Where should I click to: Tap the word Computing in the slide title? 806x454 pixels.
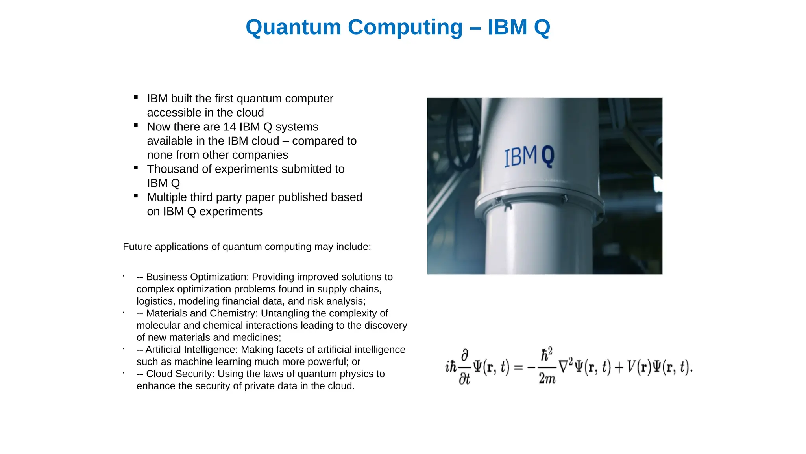pos(405,28)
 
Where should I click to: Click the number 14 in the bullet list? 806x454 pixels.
pos(229,127)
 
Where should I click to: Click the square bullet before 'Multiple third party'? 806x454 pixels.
pos(136,196)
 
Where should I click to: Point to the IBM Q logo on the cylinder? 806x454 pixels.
pos(529,156)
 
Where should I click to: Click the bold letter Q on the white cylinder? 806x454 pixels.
pos(547,156)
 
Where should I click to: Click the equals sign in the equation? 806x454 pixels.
pos(518,367)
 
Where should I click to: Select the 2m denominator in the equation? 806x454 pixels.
pos(547,379)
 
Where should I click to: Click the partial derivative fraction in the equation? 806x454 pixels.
pos(465,367)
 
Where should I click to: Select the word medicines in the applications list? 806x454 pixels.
pos(257,338)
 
